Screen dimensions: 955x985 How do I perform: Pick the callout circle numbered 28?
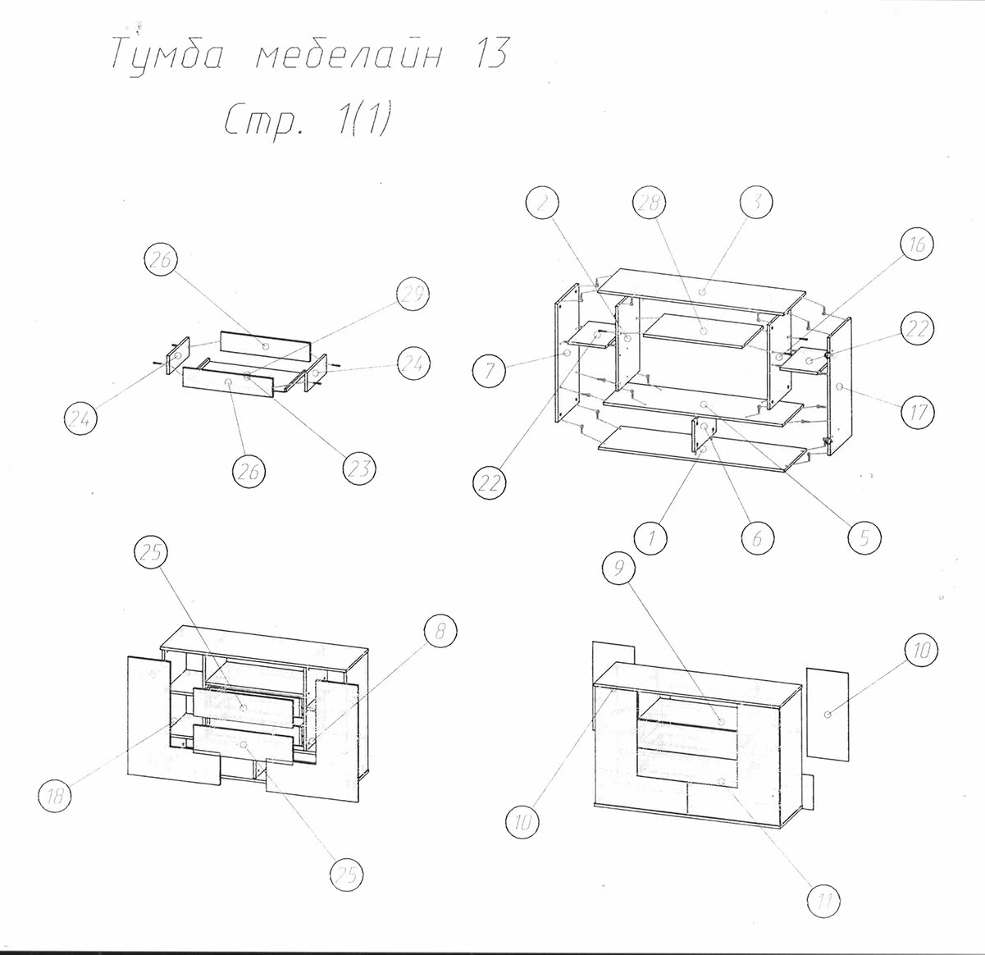click(x=650, y=204)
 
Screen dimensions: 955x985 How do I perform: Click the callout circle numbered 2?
click(x=542, y=204)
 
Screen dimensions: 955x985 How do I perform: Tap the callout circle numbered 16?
click(x=917, y=245)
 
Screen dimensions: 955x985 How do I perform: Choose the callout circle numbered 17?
click(x=917, y=412)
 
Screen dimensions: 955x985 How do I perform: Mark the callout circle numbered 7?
click(x=490, y=371)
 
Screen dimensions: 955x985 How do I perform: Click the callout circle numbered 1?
click(x=650, y=538)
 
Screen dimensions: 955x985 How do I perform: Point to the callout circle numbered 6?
click(x=758, y=538)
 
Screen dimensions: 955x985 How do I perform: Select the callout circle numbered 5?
click(x=864, y=538)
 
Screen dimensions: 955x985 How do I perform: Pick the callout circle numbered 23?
click(x=358, y=469)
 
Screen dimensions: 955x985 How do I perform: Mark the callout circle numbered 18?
click(x=54, y=795)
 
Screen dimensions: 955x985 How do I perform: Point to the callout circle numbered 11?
click(x=824, y=900)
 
